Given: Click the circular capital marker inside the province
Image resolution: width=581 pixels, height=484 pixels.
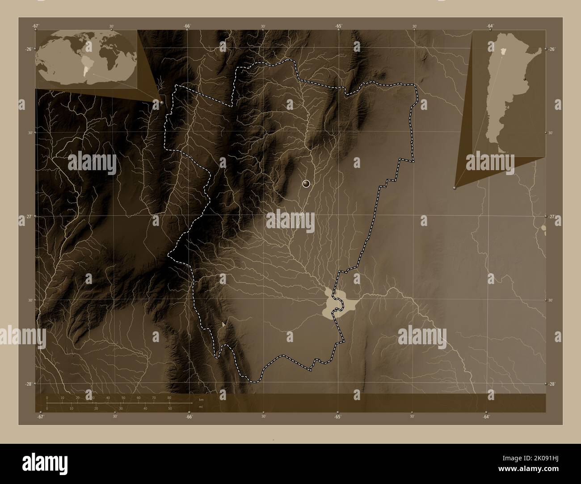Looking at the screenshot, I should click(306, 183).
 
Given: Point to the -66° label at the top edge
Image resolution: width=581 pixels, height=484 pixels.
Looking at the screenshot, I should click(187, 25).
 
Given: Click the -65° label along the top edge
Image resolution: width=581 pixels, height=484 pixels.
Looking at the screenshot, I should click(339, 25).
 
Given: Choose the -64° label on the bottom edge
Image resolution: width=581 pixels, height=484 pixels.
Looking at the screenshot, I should click(486, 417).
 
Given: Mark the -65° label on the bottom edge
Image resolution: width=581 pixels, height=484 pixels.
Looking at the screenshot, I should click(337, 417).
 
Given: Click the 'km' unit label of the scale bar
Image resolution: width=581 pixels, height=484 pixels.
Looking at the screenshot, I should click(201, 399).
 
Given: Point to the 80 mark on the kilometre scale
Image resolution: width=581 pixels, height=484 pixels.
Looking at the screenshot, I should click(169, 397).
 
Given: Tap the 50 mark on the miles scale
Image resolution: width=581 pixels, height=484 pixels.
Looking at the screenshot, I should click(169, 408).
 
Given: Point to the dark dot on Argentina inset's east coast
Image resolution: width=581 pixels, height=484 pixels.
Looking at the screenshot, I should click(524, 79).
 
